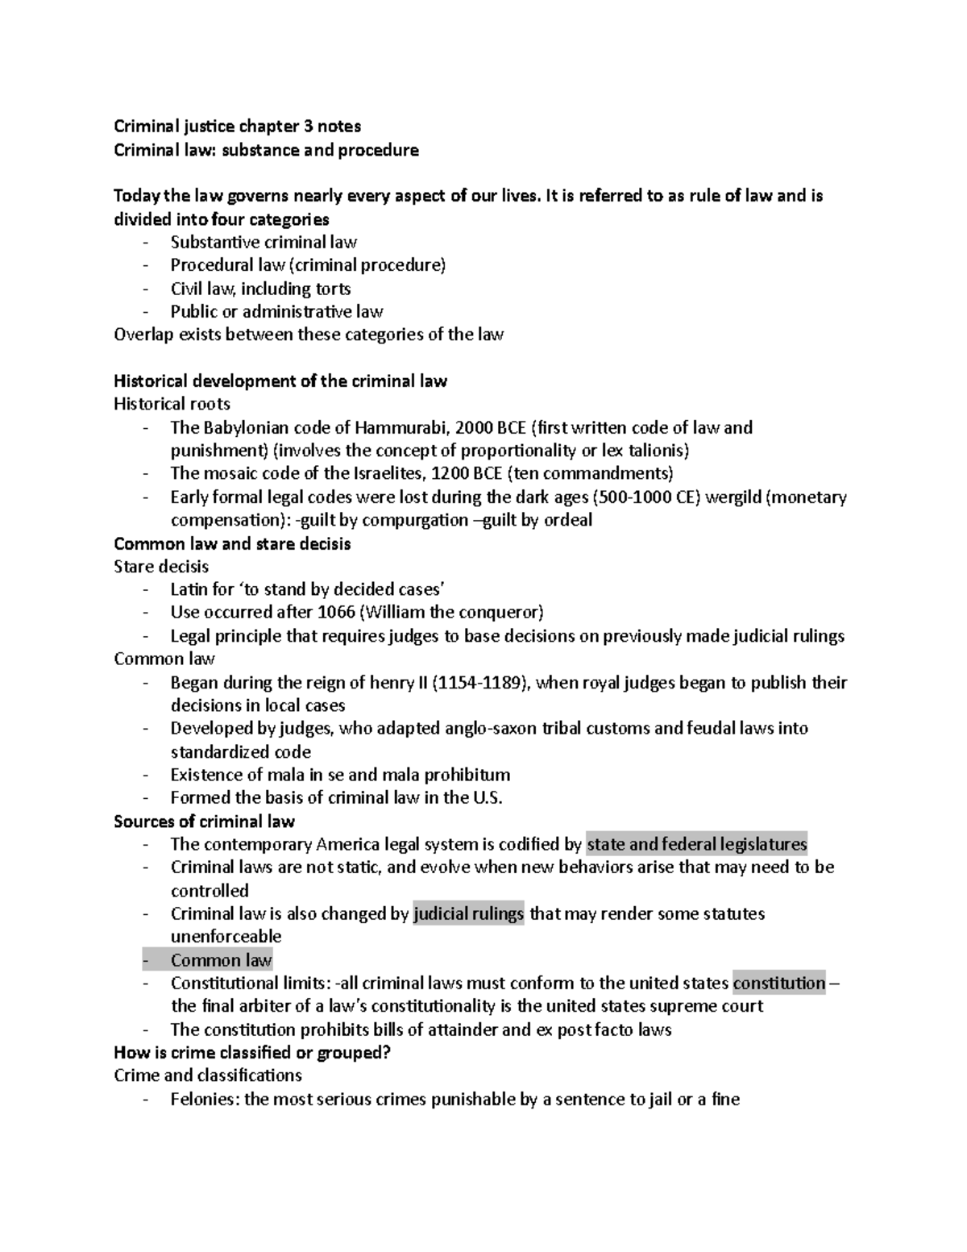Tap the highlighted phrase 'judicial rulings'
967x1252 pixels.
468,914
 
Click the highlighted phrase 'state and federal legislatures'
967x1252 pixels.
697,844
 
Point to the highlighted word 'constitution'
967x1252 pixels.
779,984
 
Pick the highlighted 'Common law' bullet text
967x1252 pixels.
222,960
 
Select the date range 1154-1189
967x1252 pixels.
481,683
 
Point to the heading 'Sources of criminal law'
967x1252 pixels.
205,821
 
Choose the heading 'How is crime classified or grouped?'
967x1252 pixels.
252,1053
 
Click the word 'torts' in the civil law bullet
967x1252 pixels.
332,289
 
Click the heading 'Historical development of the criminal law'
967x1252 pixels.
280,381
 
